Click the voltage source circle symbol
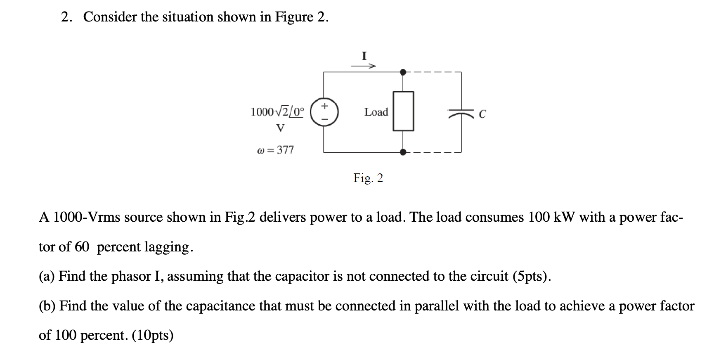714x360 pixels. [x=324, y=112]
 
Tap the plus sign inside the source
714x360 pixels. [x=324, y=106]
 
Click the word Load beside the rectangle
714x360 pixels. [x=376, y=112]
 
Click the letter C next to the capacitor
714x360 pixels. [x=482, y=114]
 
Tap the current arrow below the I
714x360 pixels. [x=363, y=66]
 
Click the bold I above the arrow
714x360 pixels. [x=364, y=55]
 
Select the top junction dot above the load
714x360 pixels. [x=403, y=72]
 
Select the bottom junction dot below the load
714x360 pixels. [x=403, y=152]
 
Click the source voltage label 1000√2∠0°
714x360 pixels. [x=277, y=112]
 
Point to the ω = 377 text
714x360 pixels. [x=275, y=149]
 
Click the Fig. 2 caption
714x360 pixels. [x=368, y=178]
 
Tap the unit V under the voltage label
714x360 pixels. [x=280, y=128]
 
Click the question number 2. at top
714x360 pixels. [x=67, y=17]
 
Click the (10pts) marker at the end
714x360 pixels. [x=153, y=335]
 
